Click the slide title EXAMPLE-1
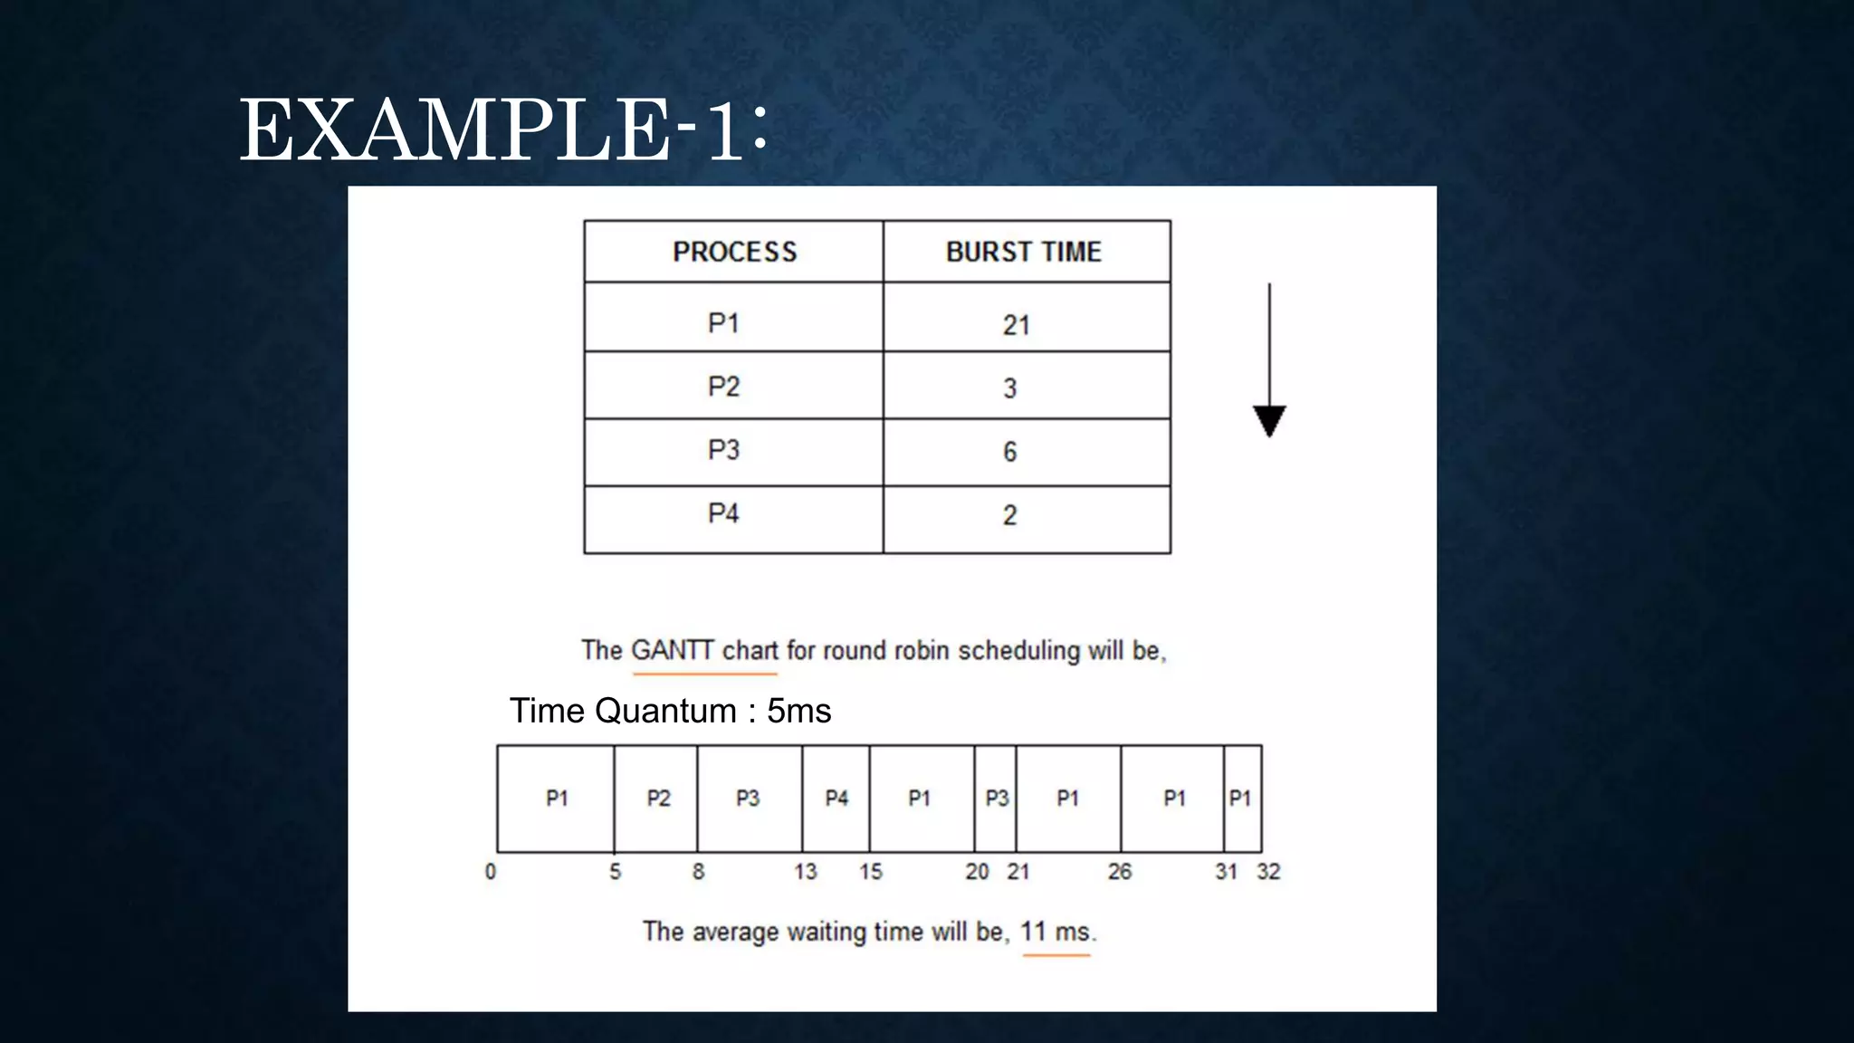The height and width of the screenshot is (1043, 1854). point(502,132)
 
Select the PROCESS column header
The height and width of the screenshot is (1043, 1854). point(734,252)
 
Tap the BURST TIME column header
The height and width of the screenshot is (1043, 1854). point(1024,252)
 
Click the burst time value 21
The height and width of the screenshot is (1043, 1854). point(1016,325)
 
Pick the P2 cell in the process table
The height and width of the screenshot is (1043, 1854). point(723,387)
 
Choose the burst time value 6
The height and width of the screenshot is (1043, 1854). point(1010,451)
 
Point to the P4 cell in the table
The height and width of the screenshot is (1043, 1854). point(723,513)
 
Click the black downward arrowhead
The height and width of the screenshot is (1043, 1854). point(1269,421)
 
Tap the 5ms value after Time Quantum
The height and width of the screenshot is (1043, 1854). point(798,711)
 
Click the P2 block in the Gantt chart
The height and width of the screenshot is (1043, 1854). point(658,799)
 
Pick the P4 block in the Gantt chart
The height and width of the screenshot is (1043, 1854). point(836,799)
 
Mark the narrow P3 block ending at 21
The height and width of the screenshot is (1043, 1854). point(996,799)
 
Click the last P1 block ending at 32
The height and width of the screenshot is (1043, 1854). point(1240,799)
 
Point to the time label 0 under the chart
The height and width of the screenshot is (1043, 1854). point(491,872)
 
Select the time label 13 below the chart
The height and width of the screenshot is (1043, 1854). point(805,872)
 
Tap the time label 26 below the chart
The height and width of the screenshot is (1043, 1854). point(1120,872)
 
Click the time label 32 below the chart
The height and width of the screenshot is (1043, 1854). point(1268,872)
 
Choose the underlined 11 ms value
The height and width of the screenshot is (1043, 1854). point(1056,932)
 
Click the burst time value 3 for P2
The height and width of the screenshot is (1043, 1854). point(1010,388)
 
